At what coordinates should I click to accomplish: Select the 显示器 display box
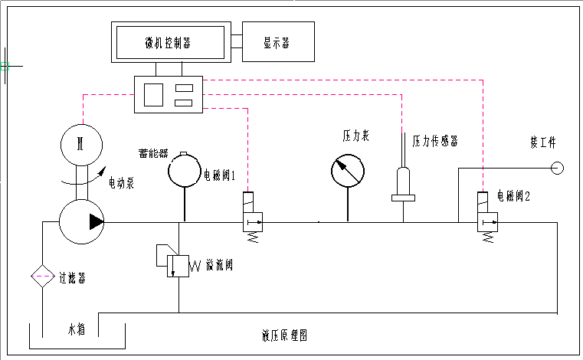click(x=277, y=42)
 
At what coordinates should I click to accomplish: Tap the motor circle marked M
click(x=80, y=143)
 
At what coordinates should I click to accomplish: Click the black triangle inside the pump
click(x=96, y=222)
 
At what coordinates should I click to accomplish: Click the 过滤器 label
click(x=72, y=278)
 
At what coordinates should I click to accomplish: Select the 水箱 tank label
click(x=74, y=332)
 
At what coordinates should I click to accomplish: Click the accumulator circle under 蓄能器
click(x=186, y=169)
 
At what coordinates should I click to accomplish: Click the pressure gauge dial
click(x=348, y=169)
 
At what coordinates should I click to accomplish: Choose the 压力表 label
click(x=355, y=136)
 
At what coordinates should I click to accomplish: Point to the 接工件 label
click(x=542, y=142)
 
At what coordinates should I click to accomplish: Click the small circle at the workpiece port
click(x=557, y=168)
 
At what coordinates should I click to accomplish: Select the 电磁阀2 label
click(x=513, y=197)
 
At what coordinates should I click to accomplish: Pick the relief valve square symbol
click(x=179, y=266)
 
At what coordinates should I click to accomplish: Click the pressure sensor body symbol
click(x=403, y=184)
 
